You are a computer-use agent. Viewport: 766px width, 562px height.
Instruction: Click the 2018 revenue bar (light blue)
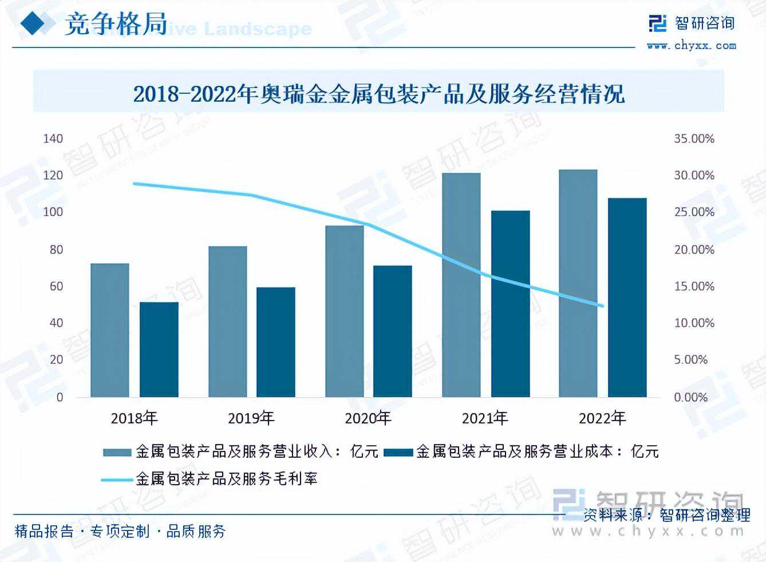(x=110, y=330)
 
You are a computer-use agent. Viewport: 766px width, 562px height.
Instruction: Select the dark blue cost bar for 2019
(x=275, y=342)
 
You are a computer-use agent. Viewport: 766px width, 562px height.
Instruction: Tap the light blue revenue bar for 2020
(x=345, y=311)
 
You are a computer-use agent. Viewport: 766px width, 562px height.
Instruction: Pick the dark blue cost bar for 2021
(x=510, y=304)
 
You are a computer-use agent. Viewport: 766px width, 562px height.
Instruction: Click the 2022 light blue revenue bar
(x=578, y=283)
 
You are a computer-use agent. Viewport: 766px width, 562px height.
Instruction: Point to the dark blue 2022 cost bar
(x=627, y=298)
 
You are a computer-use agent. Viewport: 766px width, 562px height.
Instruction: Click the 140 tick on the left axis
(x=53, y=138)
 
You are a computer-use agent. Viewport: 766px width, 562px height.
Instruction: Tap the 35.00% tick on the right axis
(x=694, y=138)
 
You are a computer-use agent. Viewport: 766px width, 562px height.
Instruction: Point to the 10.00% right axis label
(x=694, y=323)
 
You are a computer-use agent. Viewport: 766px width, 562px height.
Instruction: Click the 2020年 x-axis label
(x=368, y=418)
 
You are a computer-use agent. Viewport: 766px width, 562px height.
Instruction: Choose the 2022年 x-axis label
(x=602, y=418)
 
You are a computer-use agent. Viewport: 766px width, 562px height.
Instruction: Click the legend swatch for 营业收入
(x=117, y=452)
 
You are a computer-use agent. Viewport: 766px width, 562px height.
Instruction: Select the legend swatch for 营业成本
(x=398, y=452)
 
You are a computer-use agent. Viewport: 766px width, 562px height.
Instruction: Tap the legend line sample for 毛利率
(x=117, y=479)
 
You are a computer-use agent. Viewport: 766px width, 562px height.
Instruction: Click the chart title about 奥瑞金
(x=378, y=93)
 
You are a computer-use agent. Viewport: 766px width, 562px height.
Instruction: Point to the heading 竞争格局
(x=116, y=24)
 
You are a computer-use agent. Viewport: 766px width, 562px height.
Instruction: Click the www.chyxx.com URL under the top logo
(x=691, y=45)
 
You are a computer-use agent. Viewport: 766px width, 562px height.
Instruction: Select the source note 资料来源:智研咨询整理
(x=666, y=515)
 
